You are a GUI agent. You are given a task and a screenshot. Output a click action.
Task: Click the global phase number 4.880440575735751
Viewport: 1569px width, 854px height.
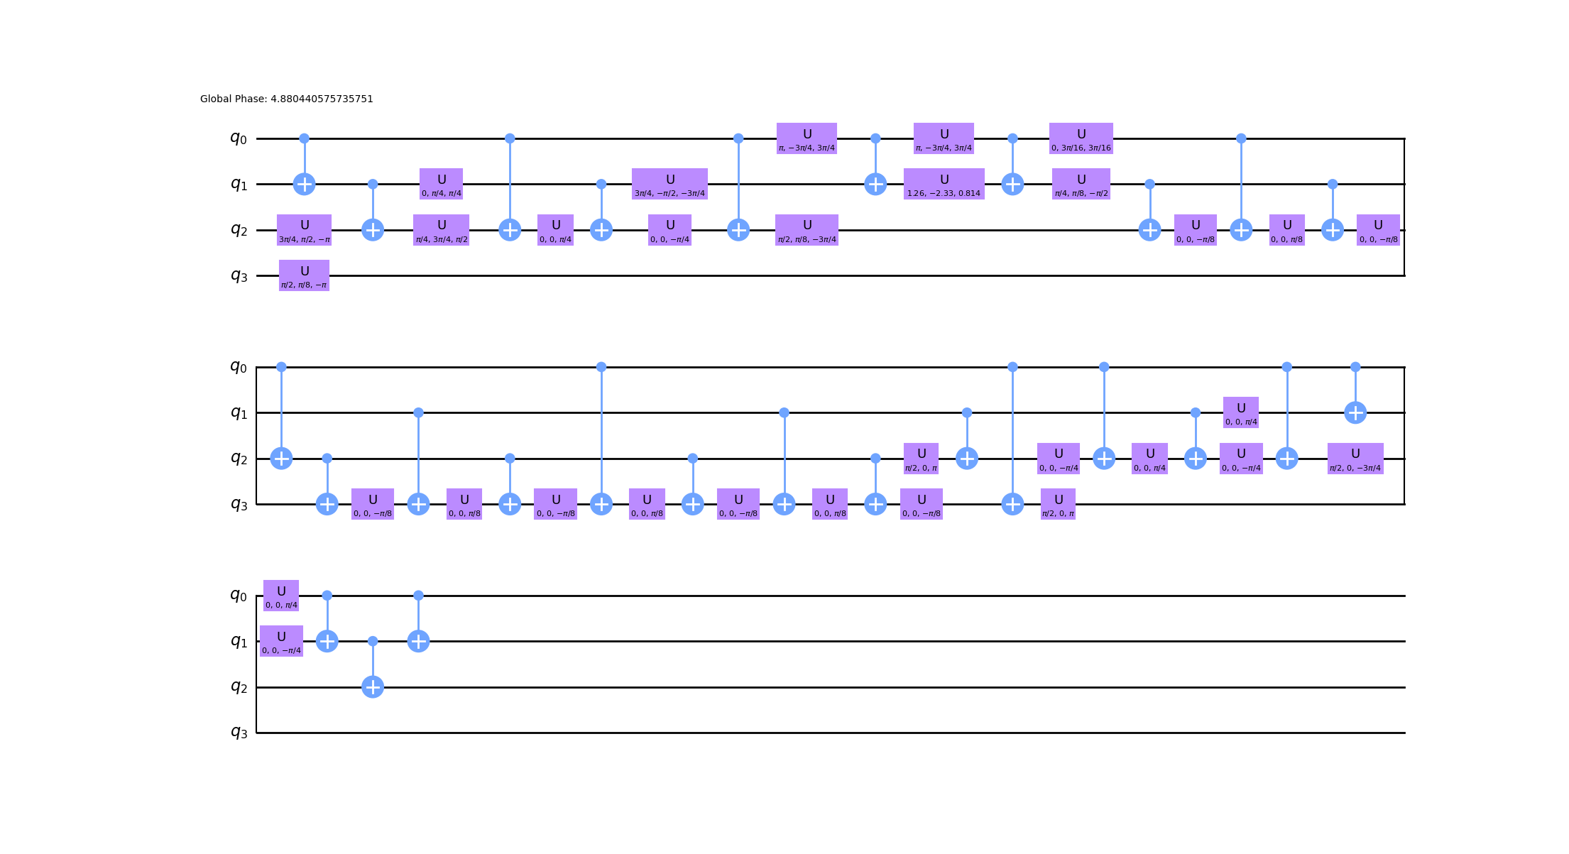(322, 99)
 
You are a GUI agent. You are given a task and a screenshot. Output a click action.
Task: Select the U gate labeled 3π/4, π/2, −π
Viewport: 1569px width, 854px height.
(304, 230)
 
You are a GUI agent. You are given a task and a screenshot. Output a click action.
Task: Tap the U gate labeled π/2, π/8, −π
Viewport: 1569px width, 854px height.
(304, 275)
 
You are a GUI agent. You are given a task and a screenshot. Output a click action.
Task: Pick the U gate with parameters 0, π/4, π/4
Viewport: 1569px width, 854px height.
(441, 184)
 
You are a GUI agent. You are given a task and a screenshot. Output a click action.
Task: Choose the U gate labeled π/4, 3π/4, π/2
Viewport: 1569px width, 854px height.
(441, 230)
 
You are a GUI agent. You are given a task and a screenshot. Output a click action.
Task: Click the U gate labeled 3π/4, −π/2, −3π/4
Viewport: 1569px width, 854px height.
(669, 184)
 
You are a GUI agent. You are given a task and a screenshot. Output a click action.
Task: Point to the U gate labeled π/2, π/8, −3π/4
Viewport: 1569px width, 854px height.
(807, 230)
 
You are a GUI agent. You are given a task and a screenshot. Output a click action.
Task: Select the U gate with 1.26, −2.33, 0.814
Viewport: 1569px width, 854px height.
(944, 184)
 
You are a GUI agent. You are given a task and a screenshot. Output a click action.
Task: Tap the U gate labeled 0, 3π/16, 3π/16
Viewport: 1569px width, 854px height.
(1081, 138)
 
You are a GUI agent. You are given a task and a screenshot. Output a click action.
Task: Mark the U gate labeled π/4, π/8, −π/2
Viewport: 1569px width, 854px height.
(1081, 184)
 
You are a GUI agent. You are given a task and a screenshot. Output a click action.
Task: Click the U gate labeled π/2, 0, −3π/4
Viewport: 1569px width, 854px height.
(1355, 459)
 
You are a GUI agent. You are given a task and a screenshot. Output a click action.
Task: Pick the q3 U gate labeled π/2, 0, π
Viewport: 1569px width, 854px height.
(1058, 504)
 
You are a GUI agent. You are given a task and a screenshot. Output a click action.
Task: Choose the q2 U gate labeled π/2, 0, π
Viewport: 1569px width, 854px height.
(921, 459)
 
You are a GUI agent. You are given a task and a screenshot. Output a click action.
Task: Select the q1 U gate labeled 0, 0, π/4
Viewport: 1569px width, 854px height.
(1240, 412)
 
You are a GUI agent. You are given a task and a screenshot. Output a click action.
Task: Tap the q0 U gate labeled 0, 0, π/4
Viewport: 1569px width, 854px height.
(281, 596)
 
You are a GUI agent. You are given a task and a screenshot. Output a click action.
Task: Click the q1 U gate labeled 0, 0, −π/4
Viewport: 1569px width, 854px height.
(281, 641)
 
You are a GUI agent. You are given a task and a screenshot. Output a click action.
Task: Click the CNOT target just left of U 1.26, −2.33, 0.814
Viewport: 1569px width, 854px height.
(875, 184)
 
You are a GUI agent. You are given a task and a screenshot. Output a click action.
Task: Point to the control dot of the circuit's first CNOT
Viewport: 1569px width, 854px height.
(304, 138)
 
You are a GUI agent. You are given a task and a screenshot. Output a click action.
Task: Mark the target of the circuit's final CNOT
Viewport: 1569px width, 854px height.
(418, 641)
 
